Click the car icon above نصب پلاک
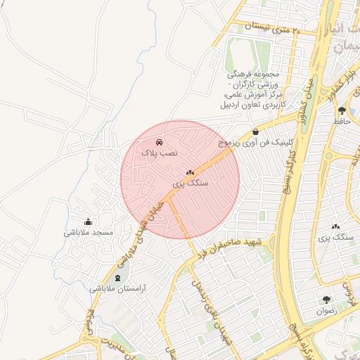click(160, 142)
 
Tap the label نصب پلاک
click(160, 153)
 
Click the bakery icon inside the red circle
click(190, 172)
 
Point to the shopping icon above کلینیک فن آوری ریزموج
click(255, 131)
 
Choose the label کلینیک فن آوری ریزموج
click(254, 142)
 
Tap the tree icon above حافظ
click(342, 110)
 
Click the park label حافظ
click(342, 121)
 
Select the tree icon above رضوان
click(326, 300)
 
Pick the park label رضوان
click(326, 310)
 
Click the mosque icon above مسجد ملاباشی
click(88, 222)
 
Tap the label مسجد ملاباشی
click(89, 233)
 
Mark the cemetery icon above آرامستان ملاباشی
click(117, 278)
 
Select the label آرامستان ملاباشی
click(117, 288)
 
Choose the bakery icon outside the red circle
click(335, 227)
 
